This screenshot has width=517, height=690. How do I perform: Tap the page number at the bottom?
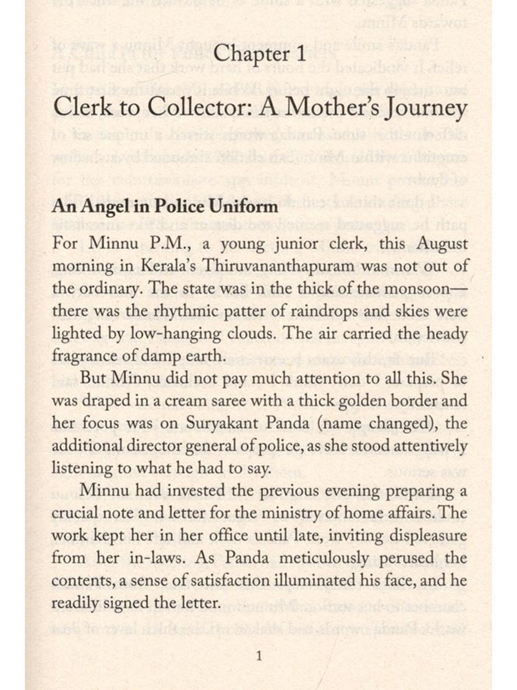[x=260, y=656]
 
